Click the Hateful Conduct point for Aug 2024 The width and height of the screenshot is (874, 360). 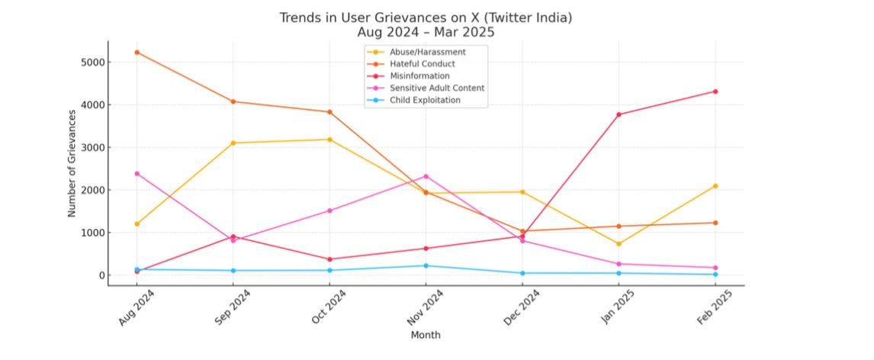[137, 52]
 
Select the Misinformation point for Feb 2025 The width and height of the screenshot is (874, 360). [715, 92]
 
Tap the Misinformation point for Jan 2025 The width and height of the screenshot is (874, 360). [619, 114]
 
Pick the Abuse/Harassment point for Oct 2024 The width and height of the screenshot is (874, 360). [329, 140]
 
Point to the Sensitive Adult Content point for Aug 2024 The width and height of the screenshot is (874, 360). [137, 173]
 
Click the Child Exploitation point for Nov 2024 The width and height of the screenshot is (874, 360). [426, 265]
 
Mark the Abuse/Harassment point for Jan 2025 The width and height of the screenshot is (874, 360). [619, 244]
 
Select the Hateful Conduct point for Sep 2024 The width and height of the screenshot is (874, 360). [233, 101]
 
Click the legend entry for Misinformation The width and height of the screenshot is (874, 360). [419, 76]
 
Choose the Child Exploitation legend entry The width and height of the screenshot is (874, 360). [425, 100]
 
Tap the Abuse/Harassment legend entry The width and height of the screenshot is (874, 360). [427, 52]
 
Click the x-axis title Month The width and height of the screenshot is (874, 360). [426, 335]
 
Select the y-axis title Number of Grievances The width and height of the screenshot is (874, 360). [72, 163]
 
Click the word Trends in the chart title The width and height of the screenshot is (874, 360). [300, 18]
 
